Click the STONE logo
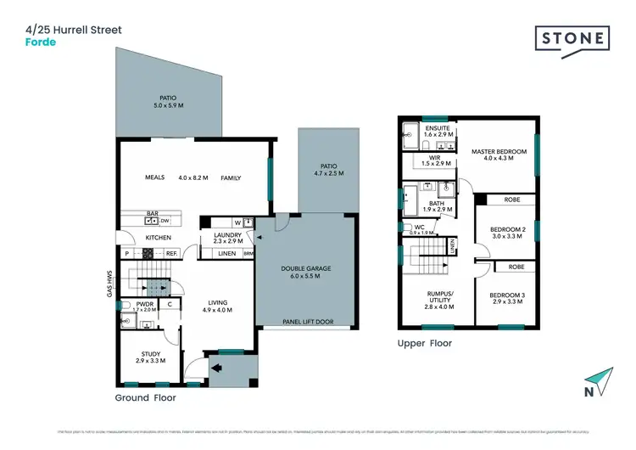tap(572, 38)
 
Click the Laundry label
tap(228, 235)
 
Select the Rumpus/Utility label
tap(439, 297)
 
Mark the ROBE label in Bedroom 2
tap(511, 200)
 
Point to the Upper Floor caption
tap(425, 344)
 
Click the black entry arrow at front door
tap(216, 368)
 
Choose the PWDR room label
tap(144, 303)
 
